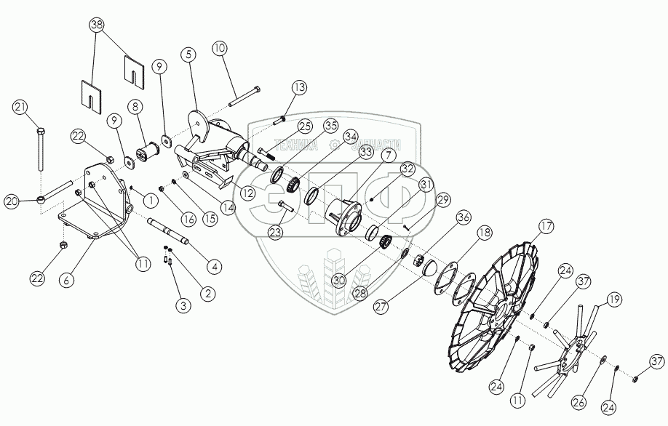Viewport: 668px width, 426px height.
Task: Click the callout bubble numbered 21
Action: click(x=20, y=108)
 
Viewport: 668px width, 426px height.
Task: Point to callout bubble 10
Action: click(x=220, y=49)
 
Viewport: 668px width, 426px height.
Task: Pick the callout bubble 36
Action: click(x=463, y=217)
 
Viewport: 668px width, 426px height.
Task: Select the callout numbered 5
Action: click(x=188, y=55)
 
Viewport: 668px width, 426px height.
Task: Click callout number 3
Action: click(x=184, y=306)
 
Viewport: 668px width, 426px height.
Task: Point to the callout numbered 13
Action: click(x=300, y=87)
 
